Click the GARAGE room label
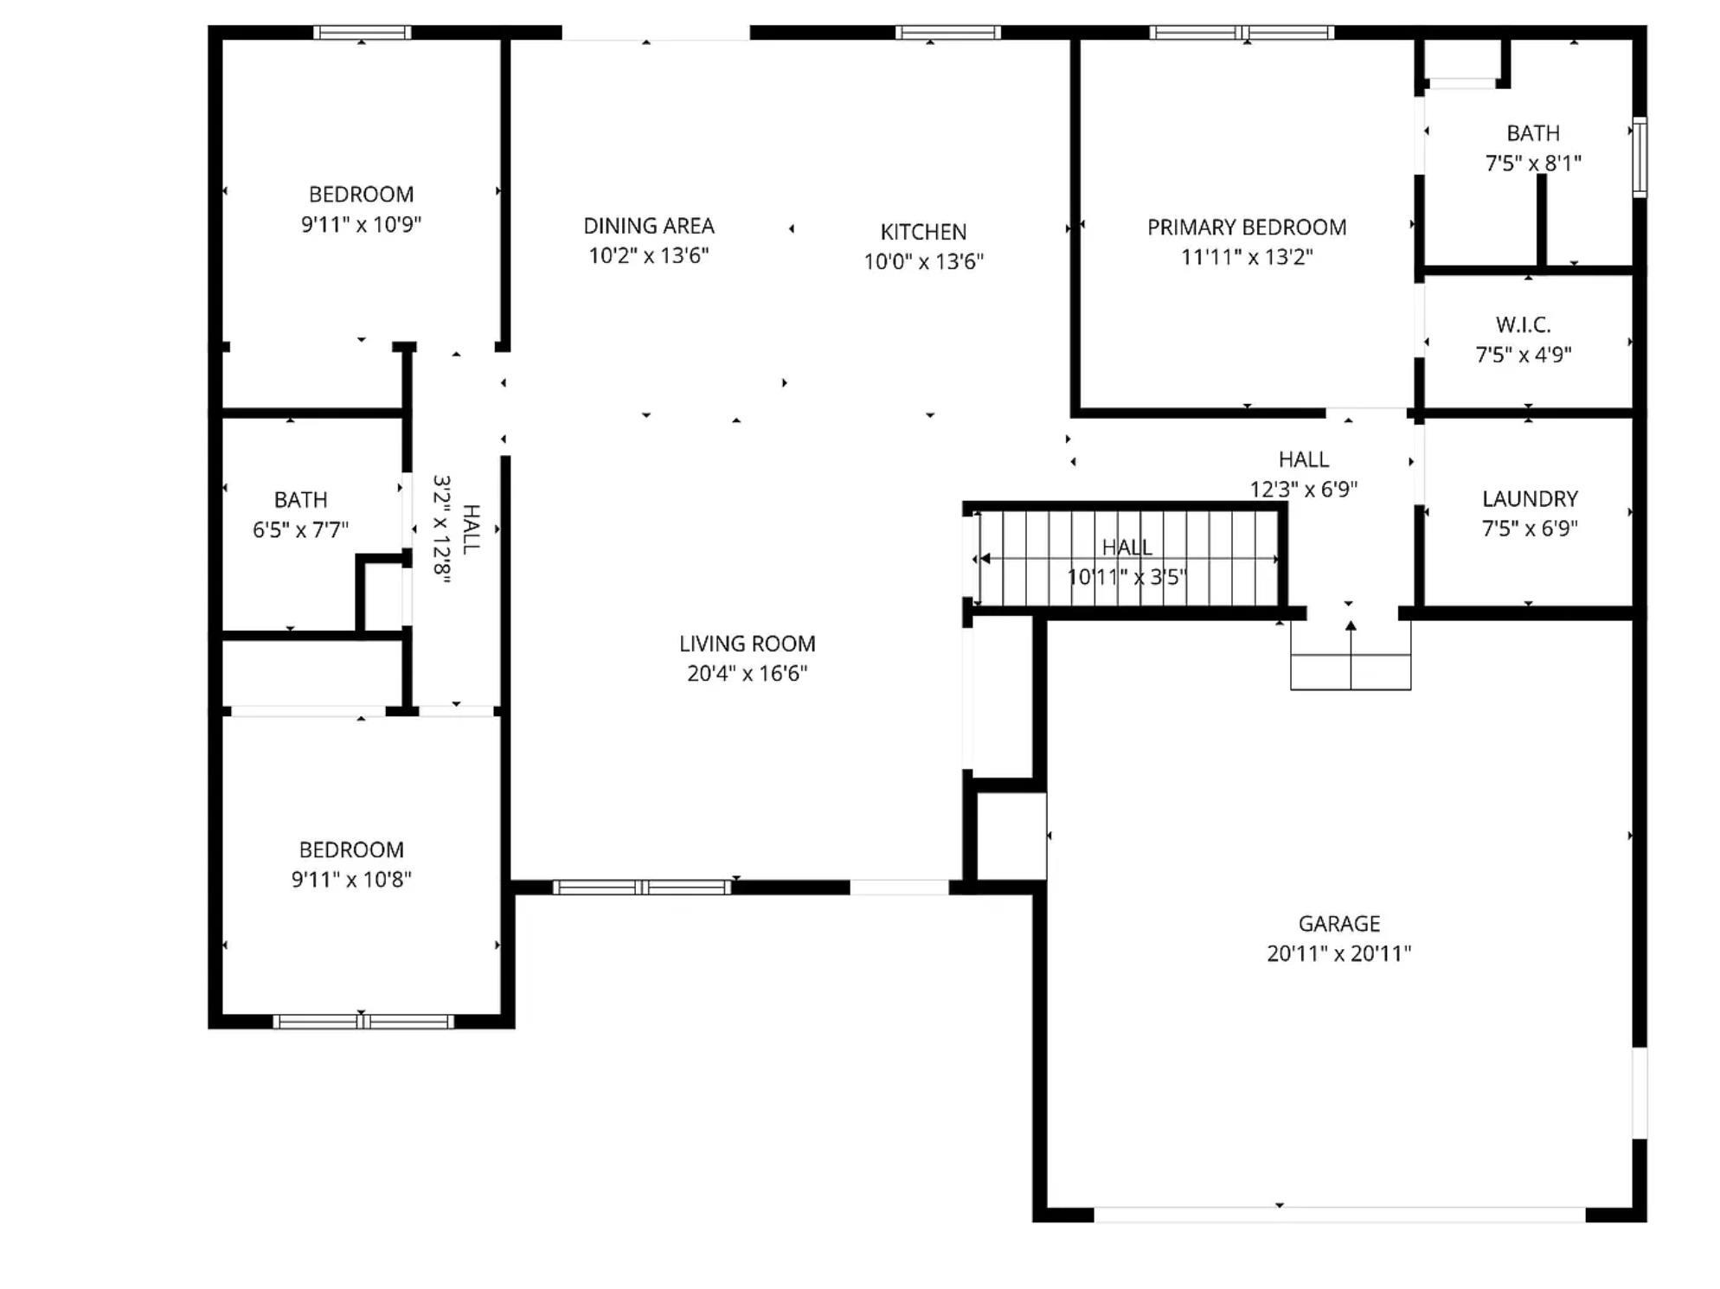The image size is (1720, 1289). (x=1338, y=923)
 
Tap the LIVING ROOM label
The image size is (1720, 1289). (x=747, y=644)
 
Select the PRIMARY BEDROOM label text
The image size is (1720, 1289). (x=1247, y=228)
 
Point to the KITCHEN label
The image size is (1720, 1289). (x=923, y=232)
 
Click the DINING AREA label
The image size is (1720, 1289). (x=649, y=226)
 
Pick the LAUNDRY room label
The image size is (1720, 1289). (x=1530, y=499)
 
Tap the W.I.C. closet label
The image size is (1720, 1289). (x=1523, y=325)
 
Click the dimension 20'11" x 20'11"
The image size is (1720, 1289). (x=1338, y=953)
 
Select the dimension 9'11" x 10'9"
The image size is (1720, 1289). (x=361, y=224)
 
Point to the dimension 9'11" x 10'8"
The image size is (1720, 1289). (x=351, y=880)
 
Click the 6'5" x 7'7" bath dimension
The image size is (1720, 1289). (x=300, y=529)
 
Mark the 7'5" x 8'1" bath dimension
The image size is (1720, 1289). (x=1533, y=163)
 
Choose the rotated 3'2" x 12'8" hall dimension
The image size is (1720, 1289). (x=442, y=529)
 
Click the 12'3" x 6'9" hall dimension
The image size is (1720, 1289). (x=1304, y=490)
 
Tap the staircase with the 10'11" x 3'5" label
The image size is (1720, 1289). (x=1127, y=558)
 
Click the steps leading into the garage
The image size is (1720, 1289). (x=1351, y=656)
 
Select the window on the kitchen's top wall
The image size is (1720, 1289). (x=947, y=33)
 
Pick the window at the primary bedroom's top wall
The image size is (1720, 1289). (x=1242, y=33)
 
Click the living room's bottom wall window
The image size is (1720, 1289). (x=642, y=887)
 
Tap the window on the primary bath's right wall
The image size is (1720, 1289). (x=1640, y=157)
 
